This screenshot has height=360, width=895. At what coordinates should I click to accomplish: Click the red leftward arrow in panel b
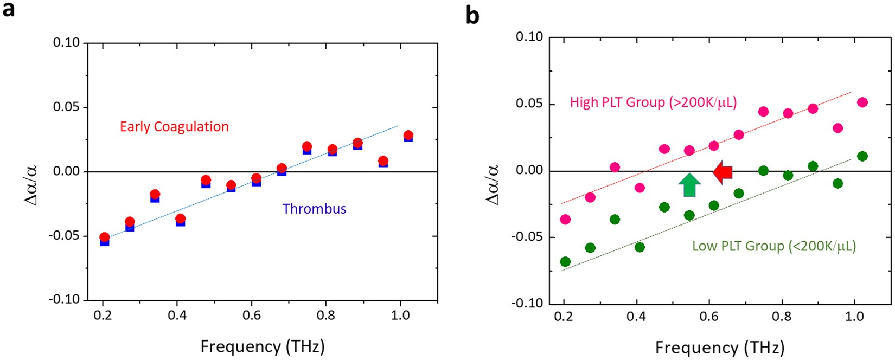pos(723,172)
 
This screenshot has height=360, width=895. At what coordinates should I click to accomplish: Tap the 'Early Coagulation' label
pos(174,127)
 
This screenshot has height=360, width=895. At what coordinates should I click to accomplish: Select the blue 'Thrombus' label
pos(314,209)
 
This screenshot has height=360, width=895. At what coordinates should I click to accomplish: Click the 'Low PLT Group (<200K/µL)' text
pos(773,246)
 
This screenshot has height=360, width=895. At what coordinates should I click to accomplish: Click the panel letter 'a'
pos(9,10)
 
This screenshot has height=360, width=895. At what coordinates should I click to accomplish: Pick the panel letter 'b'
pos(472,15)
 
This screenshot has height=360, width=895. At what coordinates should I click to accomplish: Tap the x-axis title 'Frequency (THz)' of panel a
pos(262,346)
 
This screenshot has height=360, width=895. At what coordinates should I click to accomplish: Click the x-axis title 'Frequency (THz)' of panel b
pos(719,347)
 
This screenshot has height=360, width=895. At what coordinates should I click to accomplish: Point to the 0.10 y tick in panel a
pos(66,42)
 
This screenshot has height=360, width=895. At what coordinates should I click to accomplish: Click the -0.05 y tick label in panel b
pos(528,237)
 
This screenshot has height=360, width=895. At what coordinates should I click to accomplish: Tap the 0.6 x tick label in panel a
pos(251,316)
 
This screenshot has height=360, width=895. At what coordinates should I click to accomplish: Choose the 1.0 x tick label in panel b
pos(855,316)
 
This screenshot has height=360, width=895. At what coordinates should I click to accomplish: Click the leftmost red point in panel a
pos(104,237)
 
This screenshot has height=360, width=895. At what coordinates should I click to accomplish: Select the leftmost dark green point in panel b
pos(565,262)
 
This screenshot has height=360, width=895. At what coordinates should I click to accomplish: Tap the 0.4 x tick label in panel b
pos(637,316)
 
